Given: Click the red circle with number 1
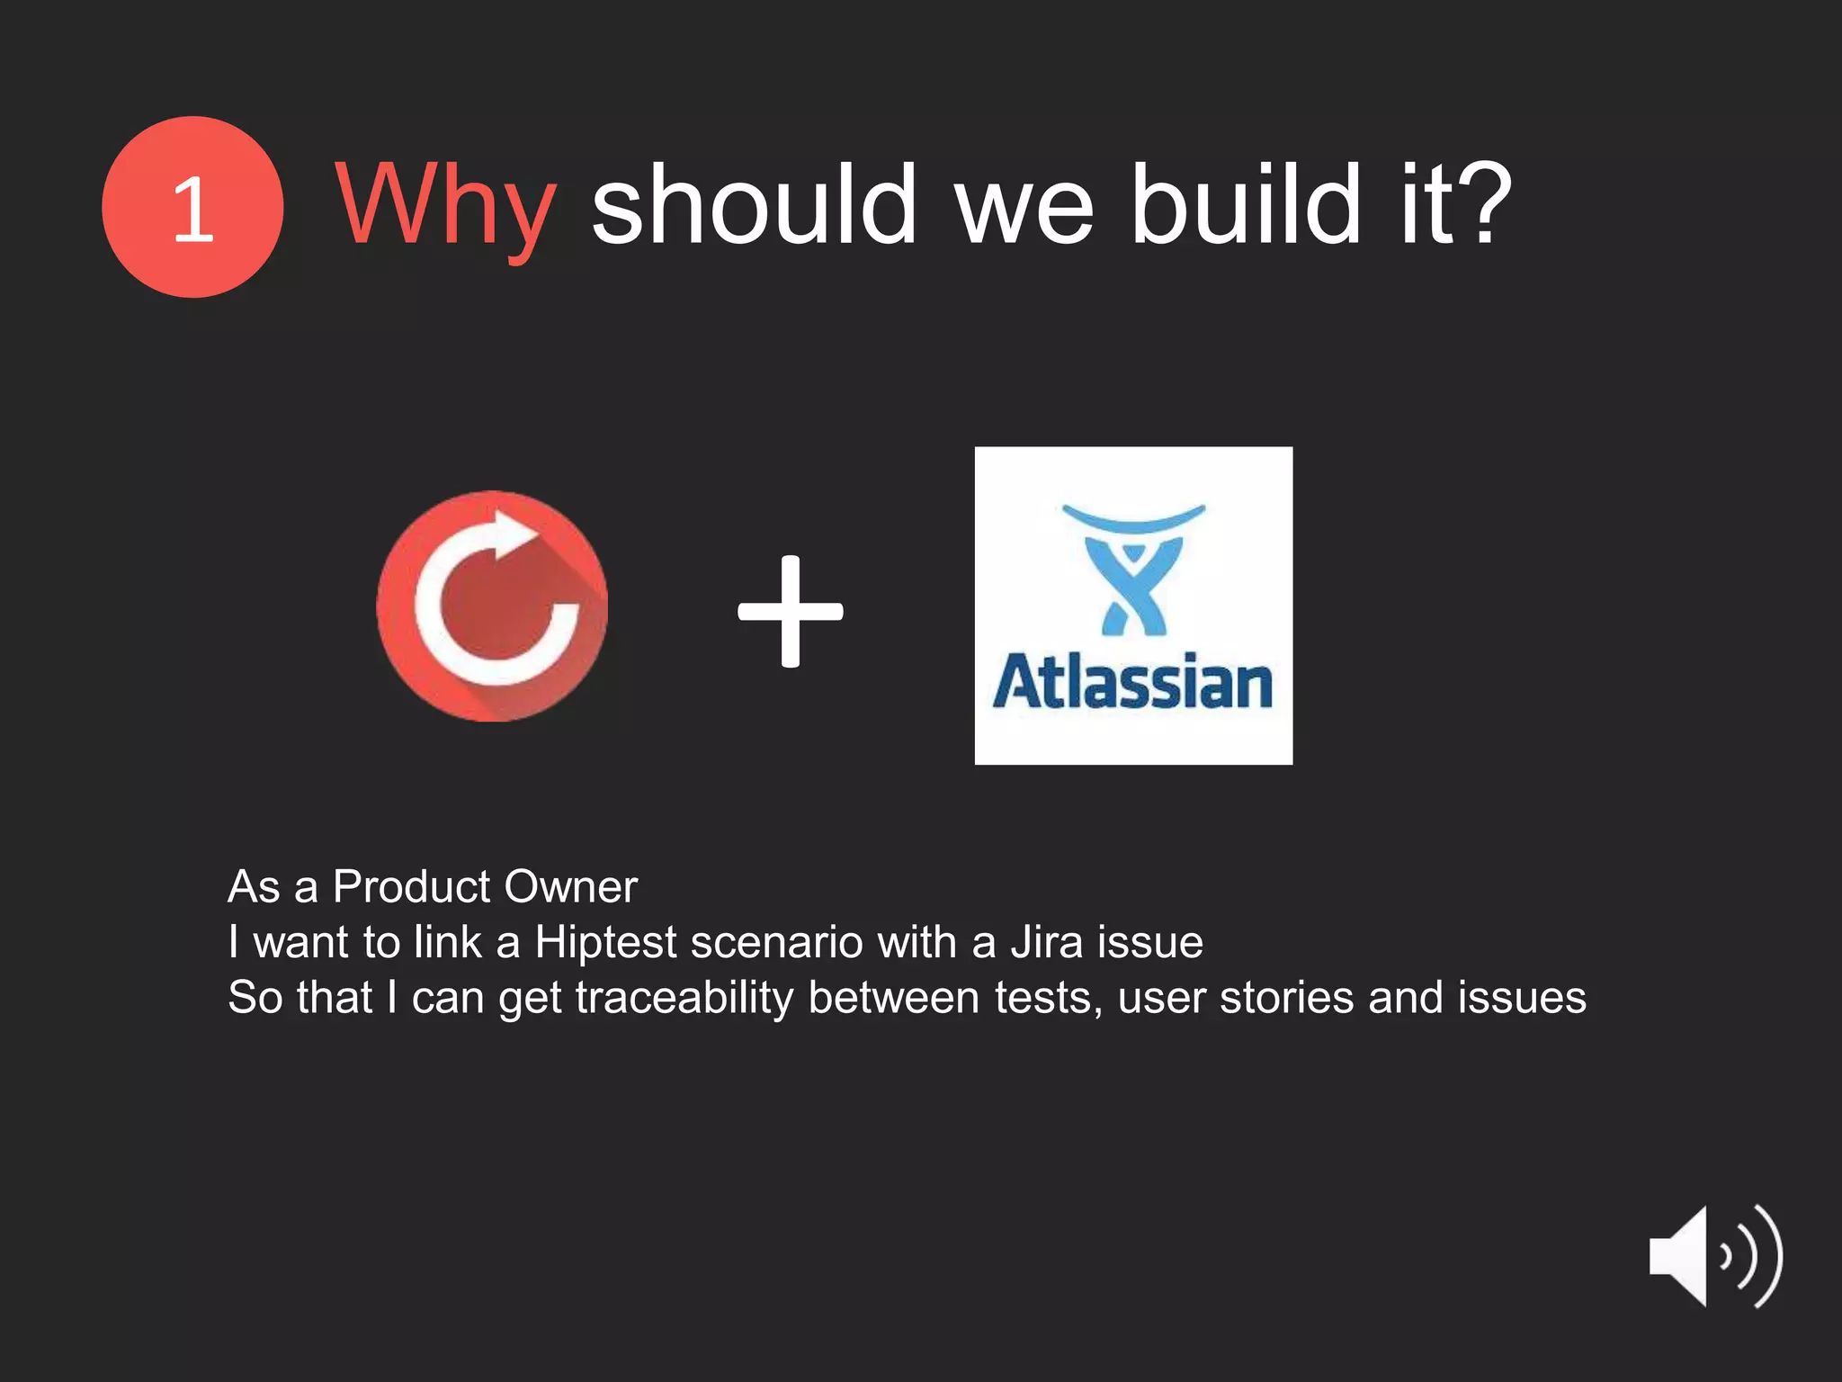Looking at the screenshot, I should (x=192, y=207).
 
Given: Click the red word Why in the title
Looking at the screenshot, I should (x=445, y=207).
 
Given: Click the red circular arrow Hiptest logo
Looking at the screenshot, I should (x=492, y=606).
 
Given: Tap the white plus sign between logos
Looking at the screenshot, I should (x=791, y=612).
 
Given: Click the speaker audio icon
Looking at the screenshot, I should (x=1714, y=1256).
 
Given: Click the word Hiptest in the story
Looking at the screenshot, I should (x=605, y=942).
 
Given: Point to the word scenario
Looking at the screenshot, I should (x=776, y=942).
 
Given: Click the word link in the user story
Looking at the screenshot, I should (x=448, y=942).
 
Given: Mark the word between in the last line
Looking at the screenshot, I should (x=893, y=998).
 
